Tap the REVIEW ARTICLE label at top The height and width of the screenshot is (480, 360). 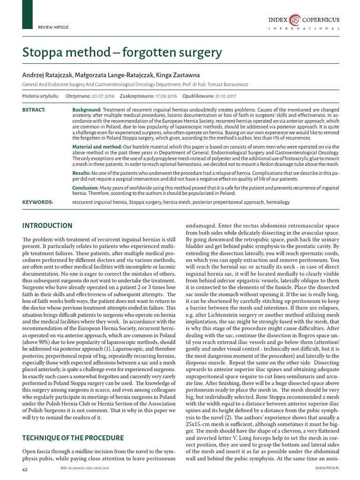53,27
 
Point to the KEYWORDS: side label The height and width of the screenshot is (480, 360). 37,202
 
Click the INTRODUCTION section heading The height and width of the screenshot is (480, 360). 47,226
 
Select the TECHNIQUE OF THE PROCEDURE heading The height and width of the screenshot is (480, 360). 73,438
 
